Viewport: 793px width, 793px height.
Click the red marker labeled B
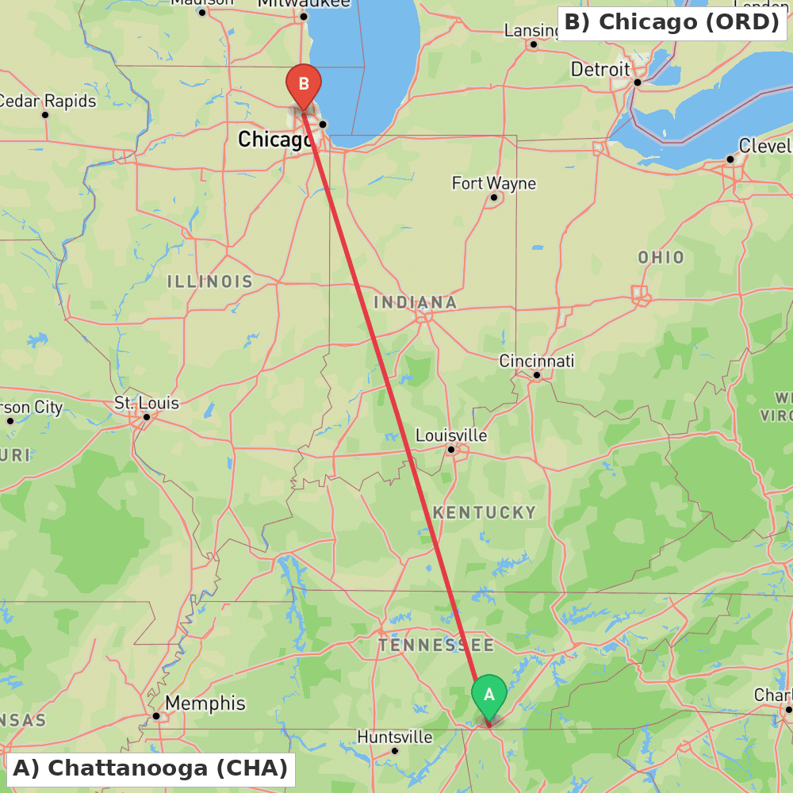pyautogui.click(x=303, y=84)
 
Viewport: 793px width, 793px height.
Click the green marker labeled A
pyautogui.click(x=489, y=695)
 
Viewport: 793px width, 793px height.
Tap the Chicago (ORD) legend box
pyautogui.click(x=672, y=22)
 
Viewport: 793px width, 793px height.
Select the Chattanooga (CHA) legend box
pyautogui.click(x=151, y=768)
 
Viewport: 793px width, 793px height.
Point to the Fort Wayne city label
pyautogui.click(x=493, y=183)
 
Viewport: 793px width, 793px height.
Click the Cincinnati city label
pyautogui.click(x=536, y=361)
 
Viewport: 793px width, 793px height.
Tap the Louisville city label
pyautogui.click(x=451, y=435)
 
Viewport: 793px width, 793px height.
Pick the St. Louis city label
pyautogui.click(x=147, y=403)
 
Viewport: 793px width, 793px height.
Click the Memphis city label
pyautogui.click(x=205, y=703)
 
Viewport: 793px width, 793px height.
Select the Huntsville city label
pyautogui.click(x=395, y=737)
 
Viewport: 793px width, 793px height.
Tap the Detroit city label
pyautogui.click(x=600, y=69)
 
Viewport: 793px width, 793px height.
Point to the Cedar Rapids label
pyautogui.click(x=48, y=101)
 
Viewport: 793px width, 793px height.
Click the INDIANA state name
pyautogui.click(x=415, y=302)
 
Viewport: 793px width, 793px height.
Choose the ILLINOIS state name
pyautogui.click(x=209, y=282)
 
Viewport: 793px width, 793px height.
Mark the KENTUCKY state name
pyautogui.click(x=485, y=512)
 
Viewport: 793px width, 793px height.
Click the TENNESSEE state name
pyautogui.click(x=435, y=645)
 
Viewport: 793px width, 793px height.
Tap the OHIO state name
pyautogui.click(x=661, y=257)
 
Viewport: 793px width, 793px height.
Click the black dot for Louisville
pyautogui.click(x=451, y=450)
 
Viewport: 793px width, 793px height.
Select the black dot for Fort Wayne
pyautogui.click(x=494, y=197)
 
